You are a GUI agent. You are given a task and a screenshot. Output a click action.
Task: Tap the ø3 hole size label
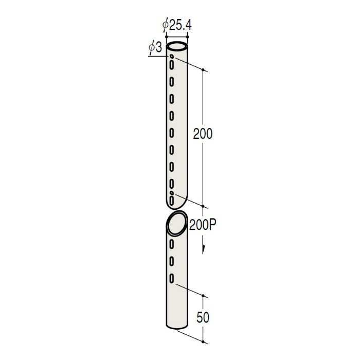(155, 48)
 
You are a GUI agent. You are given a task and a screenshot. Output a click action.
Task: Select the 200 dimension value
(203, 134)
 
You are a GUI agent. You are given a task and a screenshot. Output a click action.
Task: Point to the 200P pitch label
(203, 225)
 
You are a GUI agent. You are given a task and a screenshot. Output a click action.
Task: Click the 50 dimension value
(203, 317)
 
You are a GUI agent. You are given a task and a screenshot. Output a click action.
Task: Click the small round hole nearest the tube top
(171, 56)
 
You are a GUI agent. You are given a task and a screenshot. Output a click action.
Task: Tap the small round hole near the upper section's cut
(171, 193)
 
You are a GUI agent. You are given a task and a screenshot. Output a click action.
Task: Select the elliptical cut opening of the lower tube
(177, 223)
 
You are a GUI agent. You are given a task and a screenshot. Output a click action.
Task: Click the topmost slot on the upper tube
(171, 65)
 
